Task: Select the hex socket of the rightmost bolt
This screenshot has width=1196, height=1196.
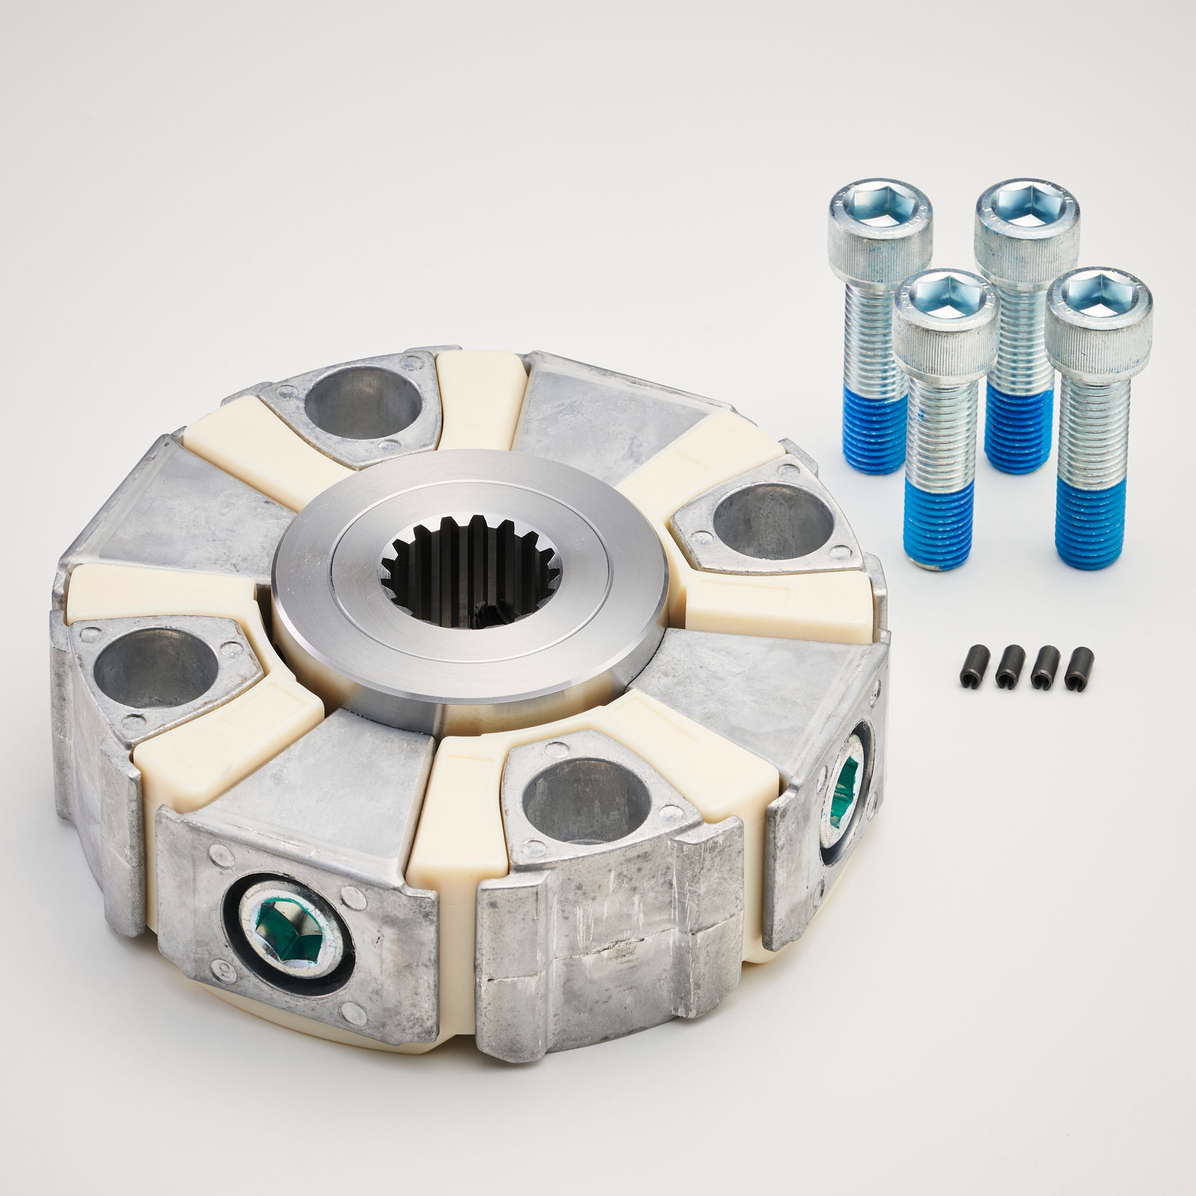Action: [1099, 292]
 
